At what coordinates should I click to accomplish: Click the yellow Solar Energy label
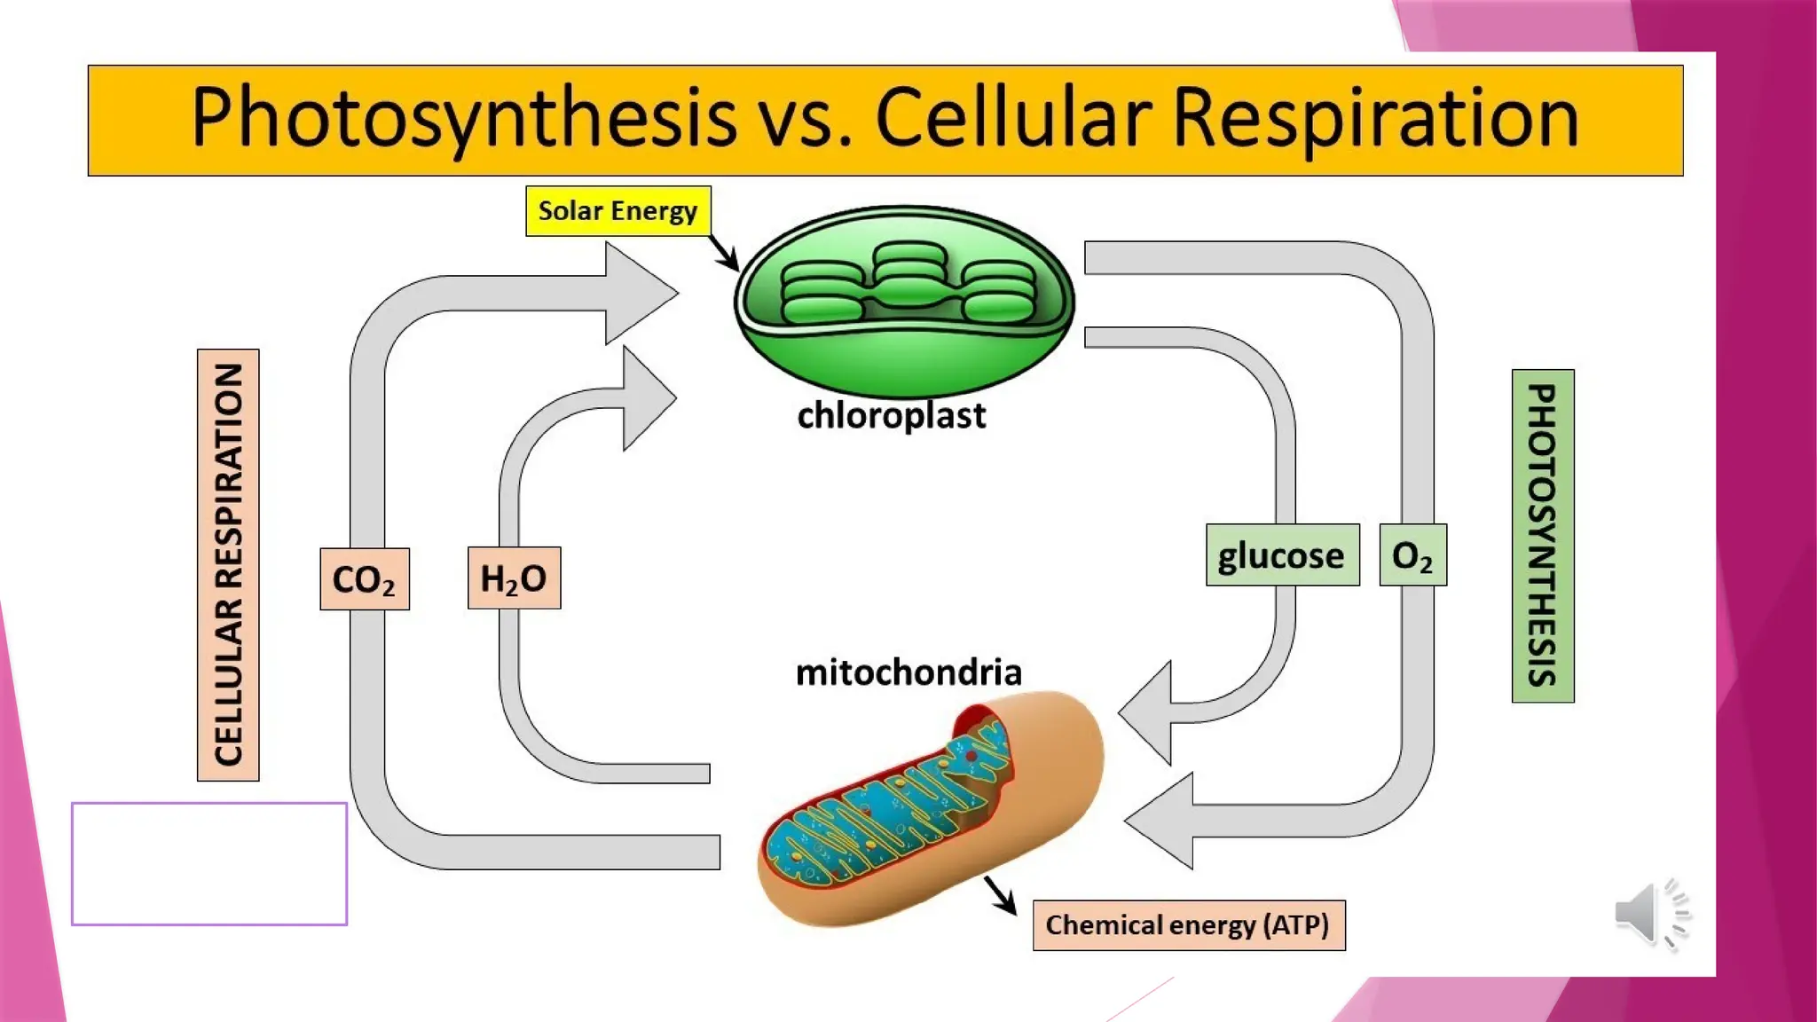(x=617, y=211)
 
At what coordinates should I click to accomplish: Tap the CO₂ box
(x=364, y=578)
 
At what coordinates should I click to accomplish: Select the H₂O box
(x=514, y=578)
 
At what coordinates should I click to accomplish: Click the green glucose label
(x=1282, y=555)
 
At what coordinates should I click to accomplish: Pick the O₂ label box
(x=1412, y=555)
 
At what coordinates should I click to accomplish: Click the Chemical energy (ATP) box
(x=1188, y=925)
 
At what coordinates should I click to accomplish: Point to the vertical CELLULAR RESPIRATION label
(x=228, y=565)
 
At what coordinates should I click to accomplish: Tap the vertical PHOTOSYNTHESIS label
(x=1542, y=536)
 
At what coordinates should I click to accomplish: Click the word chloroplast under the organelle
(x=891, y=415)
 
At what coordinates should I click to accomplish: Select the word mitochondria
(x=908, y=672)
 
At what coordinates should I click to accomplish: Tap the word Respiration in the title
(x=1375, y=118)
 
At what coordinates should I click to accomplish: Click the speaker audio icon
(x=1650, y=914)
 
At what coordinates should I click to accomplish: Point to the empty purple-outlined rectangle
(x=208, y=863)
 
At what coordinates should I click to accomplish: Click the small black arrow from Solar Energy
(x=725, y=254)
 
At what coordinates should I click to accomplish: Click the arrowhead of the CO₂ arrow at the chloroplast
(x=643, y=293)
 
